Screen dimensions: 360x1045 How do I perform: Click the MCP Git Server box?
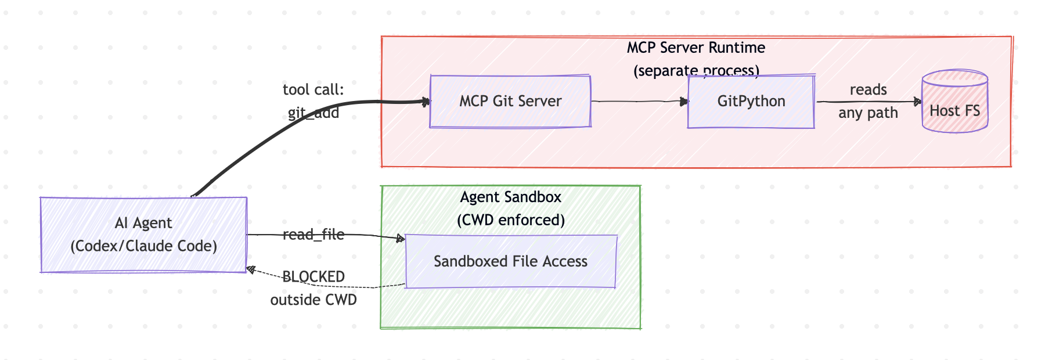pyautogui.click(x=510, y=102)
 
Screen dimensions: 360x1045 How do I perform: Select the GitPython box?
pyautogui.click(x=751, y=102)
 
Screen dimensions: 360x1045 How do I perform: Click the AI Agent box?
pyautogui.click(x=143, y=235)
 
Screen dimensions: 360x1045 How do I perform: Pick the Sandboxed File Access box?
pyautogui.click(x=510, y=261)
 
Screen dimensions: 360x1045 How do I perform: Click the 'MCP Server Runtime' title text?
pyautogui.click(x=696, y=48)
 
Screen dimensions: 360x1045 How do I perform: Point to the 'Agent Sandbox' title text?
pyautogui.click(x=510, y=197)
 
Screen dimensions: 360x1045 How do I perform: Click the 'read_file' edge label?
pyautogui.click(x=313, y=235)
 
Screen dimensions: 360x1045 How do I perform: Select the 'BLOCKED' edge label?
pyautogui.click(x=313, y=276)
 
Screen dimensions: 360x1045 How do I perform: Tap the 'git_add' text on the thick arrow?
pyautogui.click(x=313, y=113)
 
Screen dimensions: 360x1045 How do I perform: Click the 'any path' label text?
pyautogui.click(x=868, y=113)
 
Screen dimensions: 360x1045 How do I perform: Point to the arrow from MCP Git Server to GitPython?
pyautogui.click(x=639, y=102)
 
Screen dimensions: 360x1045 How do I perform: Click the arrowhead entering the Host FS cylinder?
pyautogui.click(x=918, y=102)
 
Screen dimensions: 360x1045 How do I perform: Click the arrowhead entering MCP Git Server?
pyautogui.click(x=426, y=102)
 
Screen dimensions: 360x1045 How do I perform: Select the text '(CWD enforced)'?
pyautogui.click(x=510, y=221)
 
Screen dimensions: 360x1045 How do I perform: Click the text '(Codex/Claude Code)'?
pyautogui.click(x=143, y=246)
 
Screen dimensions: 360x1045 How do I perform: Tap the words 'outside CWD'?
pyautogui.click(x=313, y=300)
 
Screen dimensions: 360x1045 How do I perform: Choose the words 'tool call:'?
pyautogui.click(x=313, y=90)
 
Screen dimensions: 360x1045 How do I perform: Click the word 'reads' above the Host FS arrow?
pyautogui.click(x=868, y=90)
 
